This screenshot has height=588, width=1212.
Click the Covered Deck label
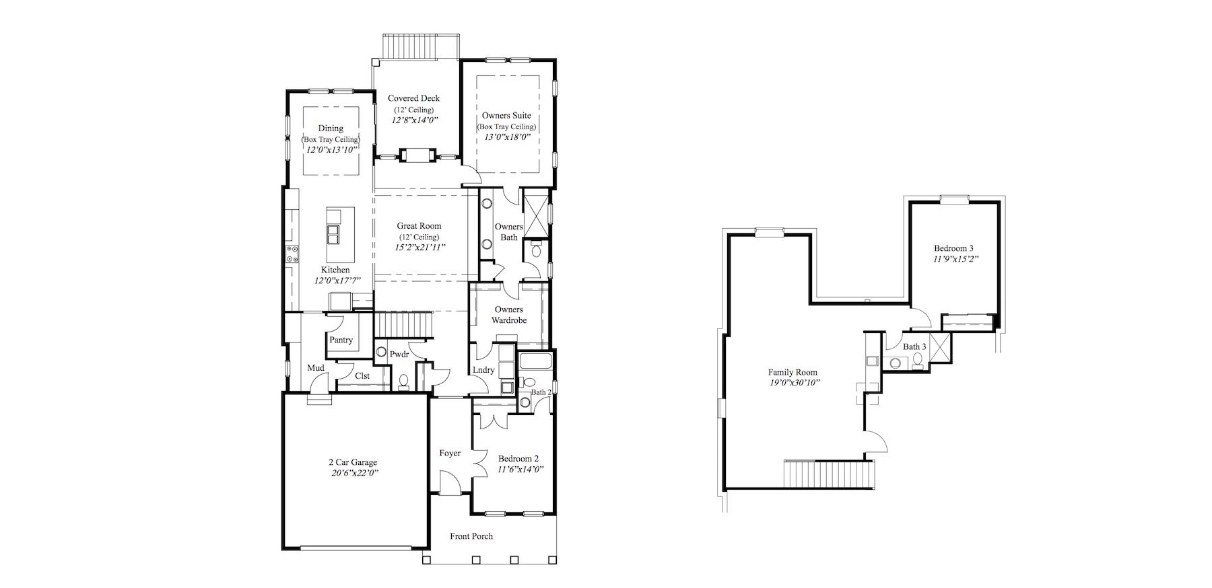click(x=413, y=98)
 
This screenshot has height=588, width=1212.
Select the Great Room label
click(x=419, y=226)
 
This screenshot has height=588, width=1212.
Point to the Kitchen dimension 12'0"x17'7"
click(x=337, y=281)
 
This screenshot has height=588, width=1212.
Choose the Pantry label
click(x=341, y=340)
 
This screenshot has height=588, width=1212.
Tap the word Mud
click(x=316, y=368)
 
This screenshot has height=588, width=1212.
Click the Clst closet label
click(x=362, y=376)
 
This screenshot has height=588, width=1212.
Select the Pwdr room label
click(x=399, y=354)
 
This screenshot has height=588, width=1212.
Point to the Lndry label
click(x=483, y=370)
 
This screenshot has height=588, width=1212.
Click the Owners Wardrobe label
click(x=509, y=315)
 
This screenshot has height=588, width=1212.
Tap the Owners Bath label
click(x=509, y=231)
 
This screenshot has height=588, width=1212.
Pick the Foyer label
click(x=450, y=453)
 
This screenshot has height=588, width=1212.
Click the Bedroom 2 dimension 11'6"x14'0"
click(x=520, y=469)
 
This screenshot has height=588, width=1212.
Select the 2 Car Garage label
click(x=353, y=462)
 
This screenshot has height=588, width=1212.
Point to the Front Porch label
click(x=471, y=536)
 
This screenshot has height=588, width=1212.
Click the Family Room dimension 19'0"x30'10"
click(x=793, y=382)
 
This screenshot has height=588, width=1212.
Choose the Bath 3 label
click(x=914, y=346)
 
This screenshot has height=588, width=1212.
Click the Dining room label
click(x=331, y=128)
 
